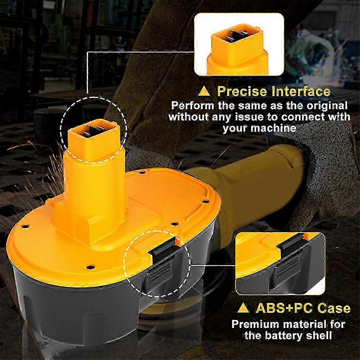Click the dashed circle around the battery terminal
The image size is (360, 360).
61,126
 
